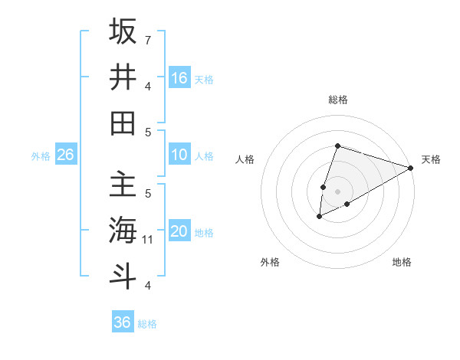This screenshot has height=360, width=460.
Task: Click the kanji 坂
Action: coord(123,31)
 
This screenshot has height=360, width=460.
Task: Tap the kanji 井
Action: coord(123,77)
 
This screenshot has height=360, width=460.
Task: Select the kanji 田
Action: coord(123,123)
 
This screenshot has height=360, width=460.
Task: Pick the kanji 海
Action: coord(123,230)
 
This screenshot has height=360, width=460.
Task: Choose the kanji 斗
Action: coord(123,276)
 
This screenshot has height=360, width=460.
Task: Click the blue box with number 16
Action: coord(179,77)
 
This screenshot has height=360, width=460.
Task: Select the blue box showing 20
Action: coord(179,232)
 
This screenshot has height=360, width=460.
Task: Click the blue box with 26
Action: coord(66,155)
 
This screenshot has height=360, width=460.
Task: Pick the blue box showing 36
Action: coord(123,322)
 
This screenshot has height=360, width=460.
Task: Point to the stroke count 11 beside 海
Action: coord(148,240)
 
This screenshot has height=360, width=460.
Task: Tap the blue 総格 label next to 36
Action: coord(147,324)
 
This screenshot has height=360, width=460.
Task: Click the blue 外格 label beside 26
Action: coord(41,156)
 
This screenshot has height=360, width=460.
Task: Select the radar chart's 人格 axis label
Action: coord(245,159)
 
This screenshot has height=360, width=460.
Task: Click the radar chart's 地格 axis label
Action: coord(402,262)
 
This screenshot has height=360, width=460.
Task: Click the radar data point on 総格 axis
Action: coord(337,146)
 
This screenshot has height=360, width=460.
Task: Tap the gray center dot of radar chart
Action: coord(337,191)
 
